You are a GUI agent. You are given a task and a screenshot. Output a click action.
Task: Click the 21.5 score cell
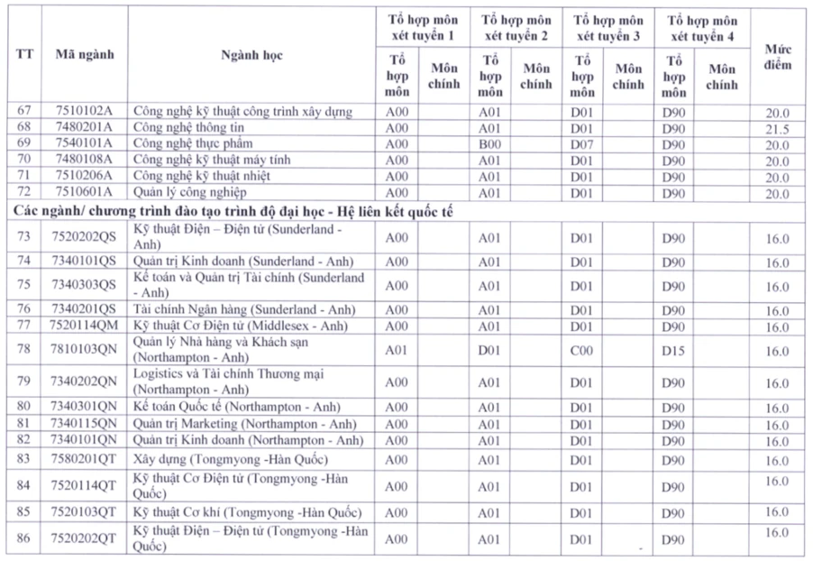pyautogui.click(x=777, y=129)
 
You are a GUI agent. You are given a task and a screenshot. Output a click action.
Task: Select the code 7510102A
pyautogui.click(x=84, y=112)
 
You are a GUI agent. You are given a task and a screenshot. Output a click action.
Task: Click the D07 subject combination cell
pyautogui.click(x=581, y=144)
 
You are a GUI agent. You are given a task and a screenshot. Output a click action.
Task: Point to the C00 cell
pyautogui.click(x=581, y=350)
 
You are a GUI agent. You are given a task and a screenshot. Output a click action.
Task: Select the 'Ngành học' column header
pyautogui.click(x=251, y=55)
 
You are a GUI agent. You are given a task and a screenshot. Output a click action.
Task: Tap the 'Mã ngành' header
pyautogui.click(x=84, y=55)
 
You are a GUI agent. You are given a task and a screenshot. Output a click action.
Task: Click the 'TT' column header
pyautogui.click(x=24, y=55)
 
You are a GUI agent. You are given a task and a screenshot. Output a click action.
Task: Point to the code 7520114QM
pyautogui.click(x=84, y=326)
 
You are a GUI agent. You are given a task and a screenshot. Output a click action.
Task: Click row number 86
pyautogui.click(x=24, y=538)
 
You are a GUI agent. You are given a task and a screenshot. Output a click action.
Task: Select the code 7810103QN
pyautogui.click(x=84, y=350)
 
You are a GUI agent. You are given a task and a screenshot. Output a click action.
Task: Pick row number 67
pyautogui.click(x=24, y=112)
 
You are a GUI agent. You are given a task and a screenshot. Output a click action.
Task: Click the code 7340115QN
pyautogui.click(x=84, y=424)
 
